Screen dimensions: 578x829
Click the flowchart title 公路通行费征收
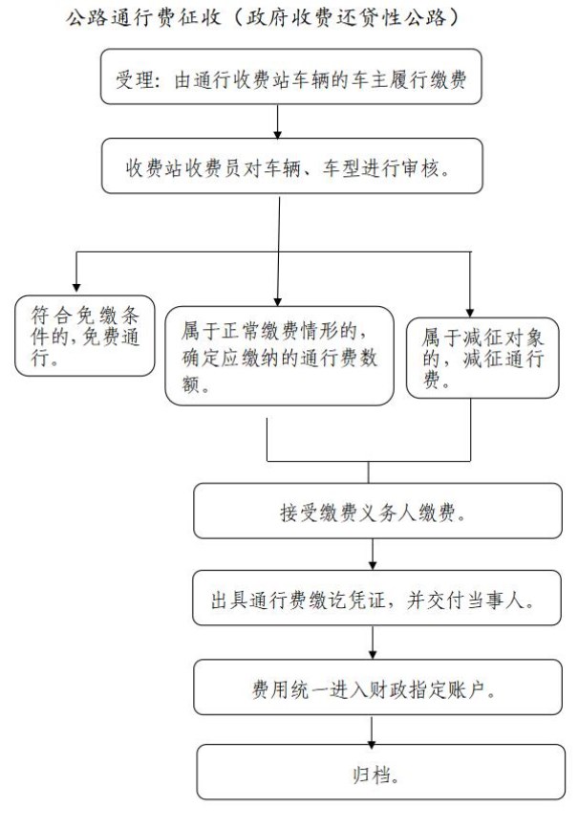click(x=143, y=17)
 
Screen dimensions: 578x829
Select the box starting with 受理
click(x=291, y=76)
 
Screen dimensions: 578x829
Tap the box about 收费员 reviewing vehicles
click(x=292, y=166)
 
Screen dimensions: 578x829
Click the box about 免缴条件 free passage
click(x=84, y=336)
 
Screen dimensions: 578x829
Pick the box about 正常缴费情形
click(x=280, y=356)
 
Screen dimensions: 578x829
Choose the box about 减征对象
click(x=482, y=358)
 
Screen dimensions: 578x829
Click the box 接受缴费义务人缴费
click(x=377, y=511)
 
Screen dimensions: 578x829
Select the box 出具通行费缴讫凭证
click(x=376, y=598)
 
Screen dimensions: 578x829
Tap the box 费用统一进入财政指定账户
click(x=377, y=687)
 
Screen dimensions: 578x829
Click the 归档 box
click(x=381, y=772)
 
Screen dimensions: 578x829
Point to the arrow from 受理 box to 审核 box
click(x=277, y=121)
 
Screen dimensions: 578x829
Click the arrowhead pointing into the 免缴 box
click(x=76, y=288)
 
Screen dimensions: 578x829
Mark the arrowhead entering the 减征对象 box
click(x=470, y=313)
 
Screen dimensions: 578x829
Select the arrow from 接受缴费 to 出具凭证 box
click(x=373, y=554)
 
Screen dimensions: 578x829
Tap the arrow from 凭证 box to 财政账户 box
click(x=373, y=643)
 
